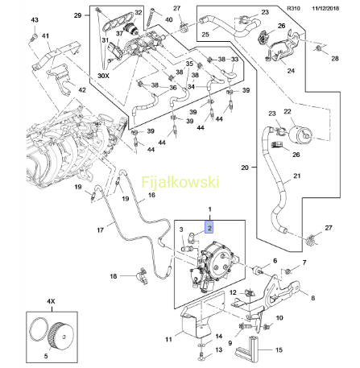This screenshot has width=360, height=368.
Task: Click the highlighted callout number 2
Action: (x=209, y=227)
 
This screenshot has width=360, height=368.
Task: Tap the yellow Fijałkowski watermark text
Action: (x=180, y=182)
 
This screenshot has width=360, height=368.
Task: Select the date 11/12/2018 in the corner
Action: (x=325, y=8)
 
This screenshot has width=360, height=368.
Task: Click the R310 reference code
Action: (x=293, y=8)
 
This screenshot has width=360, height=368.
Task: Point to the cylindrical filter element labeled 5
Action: (x=60, y=337)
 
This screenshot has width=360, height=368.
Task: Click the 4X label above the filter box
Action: (x=51, y=301)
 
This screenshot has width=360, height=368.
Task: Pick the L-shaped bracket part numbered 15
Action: (x=247, y=348)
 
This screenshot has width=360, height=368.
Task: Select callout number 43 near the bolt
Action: (x=35, y=20)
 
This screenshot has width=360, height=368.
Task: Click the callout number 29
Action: (x=77, y=15)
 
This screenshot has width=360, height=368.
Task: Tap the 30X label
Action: (x=103, y=76)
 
